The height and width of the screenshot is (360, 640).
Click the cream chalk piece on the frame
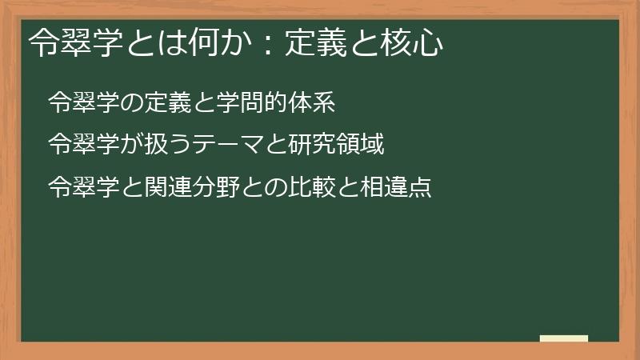coord(563,339)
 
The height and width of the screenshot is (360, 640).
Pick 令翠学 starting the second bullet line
coord(85,145)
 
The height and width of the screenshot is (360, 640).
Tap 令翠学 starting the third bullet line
coord(85,188)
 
